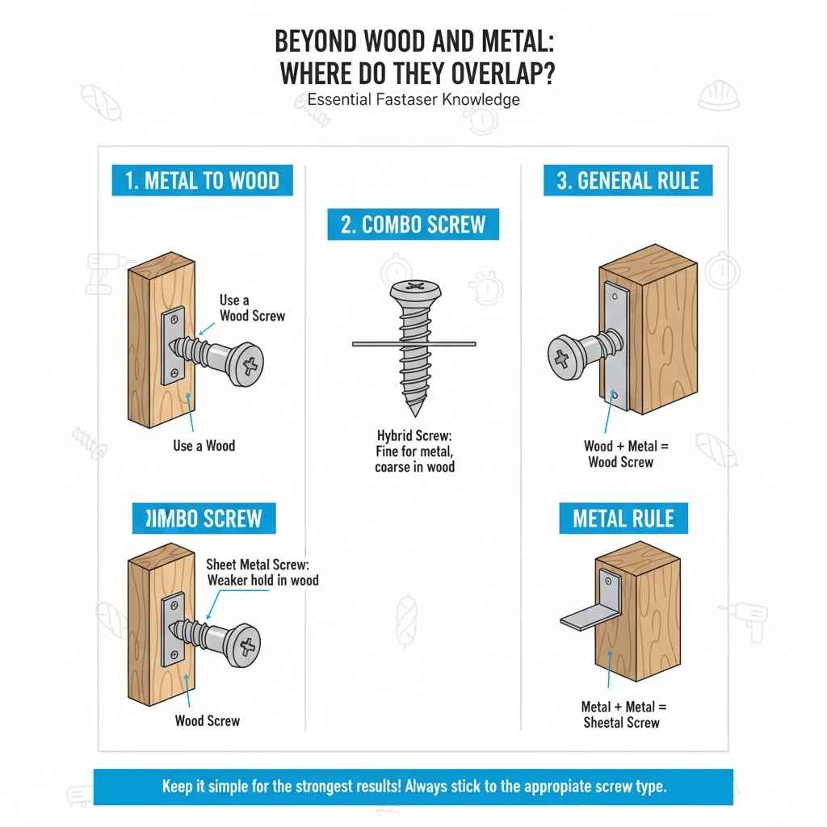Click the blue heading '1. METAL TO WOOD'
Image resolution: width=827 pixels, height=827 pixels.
[201, 180]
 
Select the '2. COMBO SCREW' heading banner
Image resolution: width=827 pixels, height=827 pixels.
[413, 225]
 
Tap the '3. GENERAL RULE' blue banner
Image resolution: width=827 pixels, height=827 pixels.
[628, 180]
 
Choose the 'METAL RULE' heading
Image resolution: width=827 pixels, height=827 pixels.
[623, 518]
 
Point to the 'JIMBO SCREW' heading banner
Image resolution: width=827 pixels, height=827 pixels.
[204, 518]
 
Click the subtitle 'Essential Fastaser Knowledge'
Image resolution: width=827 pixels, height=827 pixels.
[413, 100]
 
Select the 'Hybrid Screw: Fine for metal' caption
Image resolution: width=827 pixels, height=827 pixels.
[414, 451]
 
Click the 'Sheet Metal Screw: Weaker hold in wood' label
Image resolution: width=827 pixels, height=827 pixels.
[262, 572]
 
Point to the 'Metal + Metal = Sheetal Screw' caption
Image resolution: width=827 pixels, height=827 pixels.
[621, 714]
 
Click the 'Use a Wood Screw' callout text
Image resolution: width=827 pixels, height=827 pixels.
[252, 308]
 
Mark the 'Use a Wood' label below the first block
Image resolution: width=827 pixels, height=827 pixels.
[204, 446]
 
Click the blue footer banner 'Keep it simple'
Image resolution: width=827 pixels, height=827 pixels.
[413, 787]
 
